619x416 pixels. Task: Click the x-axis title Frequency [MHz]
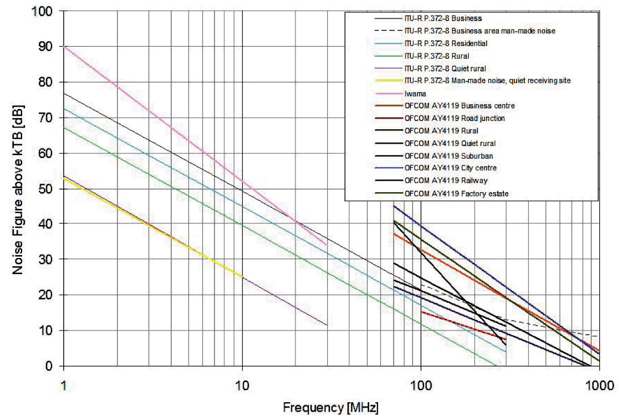pyautogui.click(x=330, y=408)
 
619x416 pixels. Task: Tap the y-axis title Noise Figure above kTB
pyautogui.click(x=19, y=189)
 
